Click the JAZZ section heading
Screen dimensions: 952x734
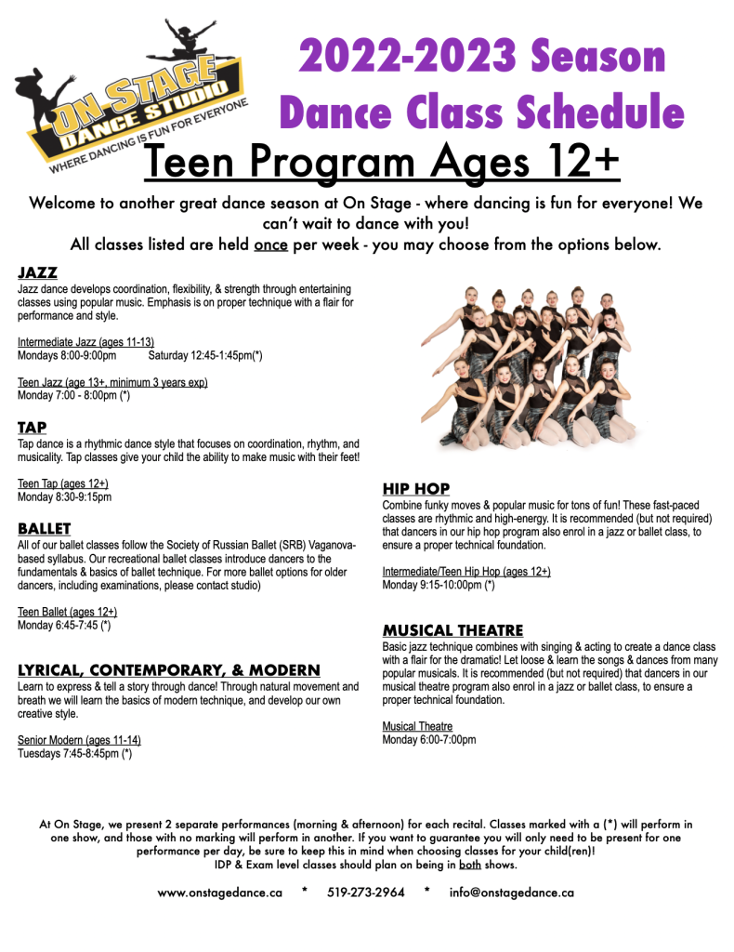pyautogui.click(x=37, y=273)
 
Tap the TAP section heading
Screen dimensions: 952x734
pyautogui.click(x=31, y=428)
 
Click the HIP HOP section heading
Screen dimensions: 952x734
pyautogui.click(x=416, y=488)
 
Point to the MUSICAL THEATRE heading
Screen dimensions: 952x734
pyautogui.click(x=452, y=630)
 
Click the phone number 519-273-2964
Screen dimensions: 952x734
pyautogui.click(x=366, y=892)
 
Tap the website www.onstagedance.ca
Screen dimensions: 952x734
pyautogui.click(x=220, y=892)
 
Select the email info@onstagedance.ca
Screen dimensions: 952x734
pyautogui.click(x=511, y=892)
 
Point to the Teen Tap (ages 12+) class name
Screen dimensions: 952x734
pyautogui.click(x=62, y=484)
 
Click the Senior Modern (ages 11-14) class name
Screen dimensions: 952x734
pyautogui.click(x=79, y=740)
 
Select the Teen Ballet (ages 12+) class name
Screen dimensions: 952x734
pyautogui.click(x=67, y=612)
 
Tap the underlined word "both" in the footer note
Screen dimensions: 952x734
pyautogui.click(x=470, y=865)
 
